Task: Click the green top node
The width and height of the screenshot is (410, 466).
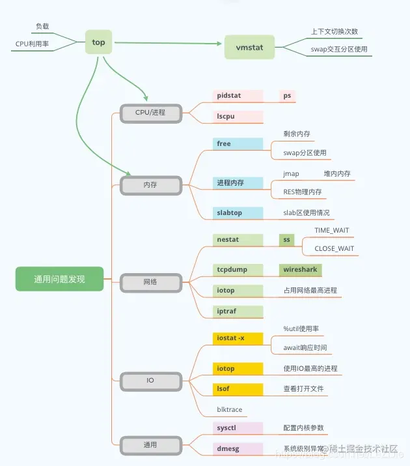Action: (x=98, y=42)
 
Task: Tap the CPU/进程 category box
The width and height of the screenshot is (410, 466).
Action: (x=150, y=112)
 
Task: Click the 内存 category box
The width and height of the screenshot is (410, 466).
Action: (x=150, y=184)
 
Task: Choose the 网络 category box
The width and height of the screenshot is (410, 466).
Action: (x=150, y=282)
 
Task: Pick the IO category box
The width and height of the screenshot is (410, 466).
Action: (x=150, y=380)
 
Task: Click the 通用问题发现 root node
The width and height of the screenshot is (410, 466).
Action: (x=59, y=279)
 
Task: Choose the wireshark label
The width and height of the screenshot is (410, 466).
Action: (x=300, y=269)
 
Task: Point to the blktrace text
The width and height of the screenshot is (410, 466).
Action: (x=230, y=410)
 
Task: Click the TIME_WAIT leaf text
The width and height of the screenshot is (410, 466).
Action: (x=331, y=231)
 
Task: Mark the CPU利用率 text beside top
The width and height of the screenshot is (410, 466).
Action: (x=32, y=44)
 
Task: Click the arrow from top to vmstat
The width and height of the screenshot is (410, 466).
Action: (x=169, y=44)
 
